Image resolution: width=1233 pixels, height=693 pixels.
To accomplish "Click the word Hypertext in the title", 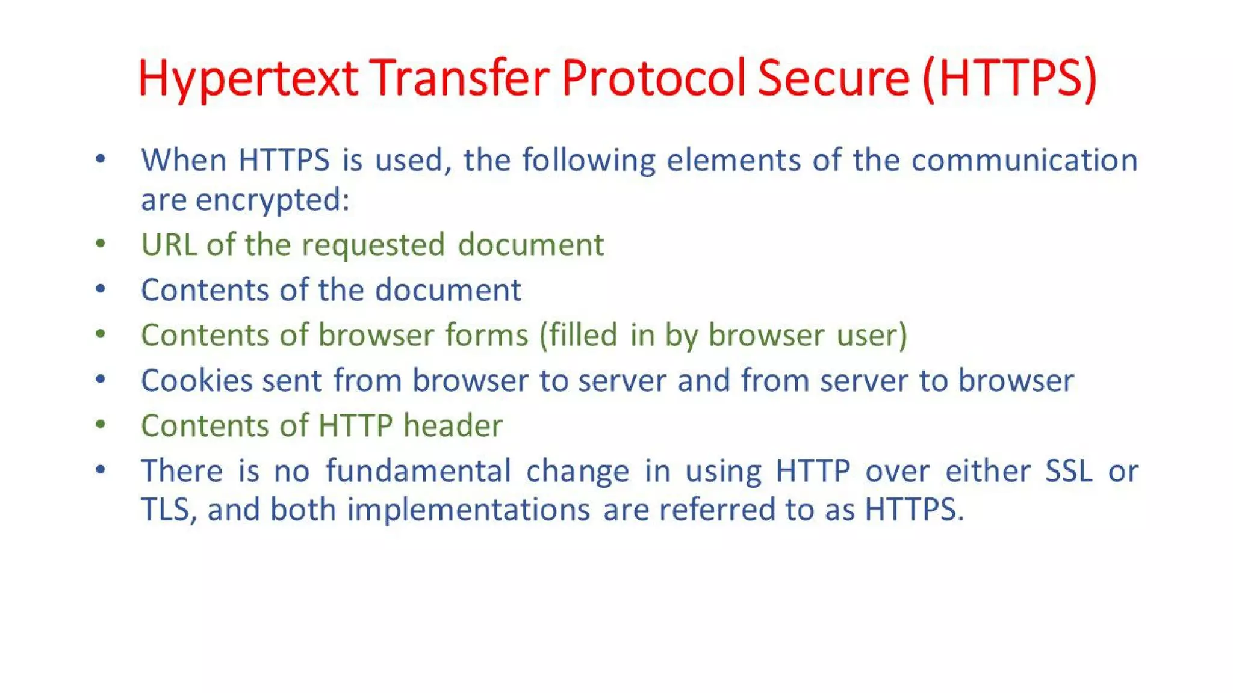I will (248, 79).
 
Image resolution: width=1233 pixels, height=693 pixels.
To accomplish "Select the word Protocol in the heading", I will (654, 79).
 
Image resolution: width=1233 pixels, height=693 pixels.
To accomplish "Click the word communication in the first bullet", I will (1024, 161).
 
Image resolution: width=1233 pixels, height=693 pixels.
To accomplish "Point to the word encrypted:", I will (272, 200).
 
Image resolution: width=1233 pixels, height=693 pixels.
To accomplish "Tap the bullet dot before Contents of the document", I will (101, 289).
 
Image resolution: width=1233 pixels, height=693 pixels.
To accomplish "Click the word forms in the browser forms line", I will (486, 335).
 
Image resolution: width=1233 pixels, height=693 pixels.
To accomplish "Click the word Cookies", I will (196, 380).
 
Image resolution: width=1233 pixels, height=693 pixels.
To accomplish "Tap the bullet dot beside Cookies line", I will (101, 379).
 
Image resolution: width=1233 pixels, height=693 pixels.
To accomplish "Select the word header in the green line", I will (453, 425).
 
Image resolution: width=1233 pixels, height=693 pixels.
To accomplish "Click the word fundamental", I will (418, 470).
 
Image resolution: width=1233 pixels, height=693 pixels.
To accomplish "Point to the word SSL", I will (1068, 470).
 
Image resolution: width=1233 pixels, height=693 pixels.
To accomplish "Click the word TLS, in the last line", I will (168, 510).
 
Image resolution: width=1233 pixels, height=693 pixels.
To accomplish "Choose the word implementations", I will (468, 510).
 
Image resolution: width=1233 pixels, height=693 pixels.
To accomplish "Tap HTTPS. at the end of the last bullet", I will (914, 510).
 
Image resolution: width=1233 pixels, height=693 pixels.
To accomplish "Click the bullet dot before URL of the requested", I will (101, 244).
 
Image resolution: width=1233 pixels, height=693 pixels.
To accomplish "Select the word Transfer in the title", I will (460, 79).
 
